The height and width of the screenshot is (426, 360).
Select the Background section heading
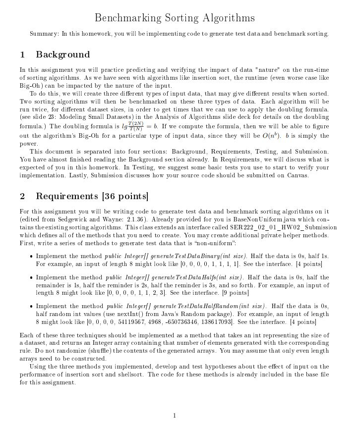(62, 54)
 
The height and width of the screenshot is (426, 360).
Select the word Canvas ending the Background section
(297, 175)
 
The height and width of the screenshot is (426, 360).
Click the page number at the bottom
(175, 415)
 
